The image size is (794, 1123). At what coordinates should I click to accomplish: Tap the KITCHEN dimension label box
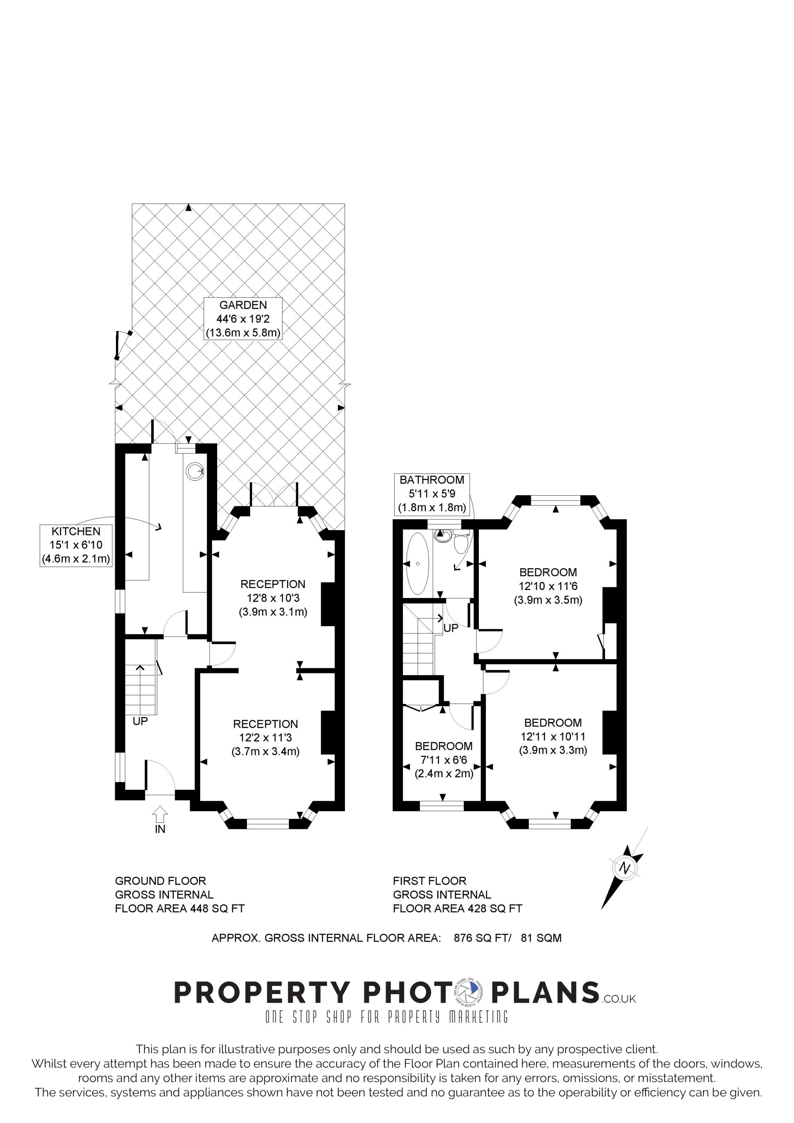(76, 545)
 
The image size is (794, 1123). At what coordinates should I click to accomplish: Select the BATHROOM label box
(432, 494)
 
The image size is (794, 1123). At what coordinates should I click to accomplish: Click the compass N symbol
(624, 868)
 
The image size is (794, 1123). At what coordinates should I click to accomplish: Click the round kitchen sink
(194, 471)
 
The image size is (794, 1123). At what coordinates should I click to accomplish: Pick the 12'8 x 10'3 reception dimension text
(273, 598)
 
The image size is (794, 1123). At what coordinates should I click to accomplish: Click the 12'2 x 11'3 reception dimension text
(266, 738)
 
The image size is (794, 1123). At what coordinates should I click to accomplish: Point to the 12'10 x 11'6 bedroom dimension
(548, 586)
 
